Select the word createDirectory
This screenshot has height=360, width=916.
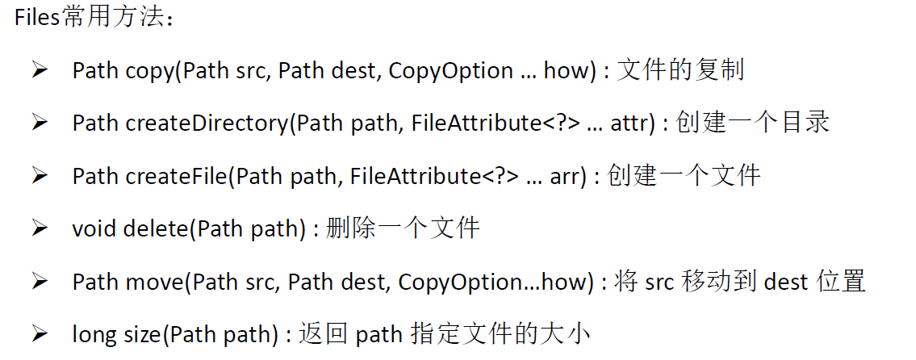coord(206,123)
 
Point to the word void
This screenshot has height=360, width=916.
coord(94,228)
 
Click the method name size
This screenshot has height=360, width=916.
coord(140,333)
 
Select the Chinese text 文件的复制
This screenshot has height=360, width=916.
coord(680,70)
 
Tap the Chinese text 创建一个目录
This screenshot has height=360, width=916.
coord(752,123)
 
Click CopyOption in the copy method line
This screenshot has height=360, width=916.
coord(450,71)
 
